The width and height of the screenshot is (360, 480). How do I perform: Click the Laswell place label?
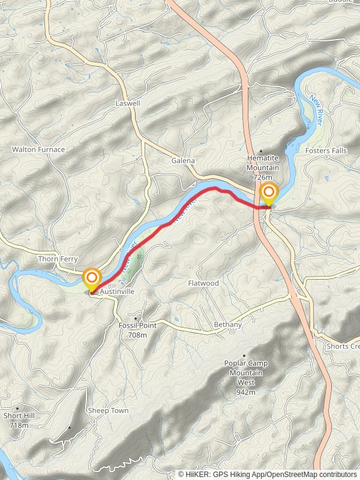coord(128,103)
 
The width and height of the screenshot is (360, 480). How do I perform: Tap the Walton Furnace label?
coord(38,149)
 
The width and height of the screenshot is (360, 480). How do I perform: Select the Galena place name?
coord(184,161)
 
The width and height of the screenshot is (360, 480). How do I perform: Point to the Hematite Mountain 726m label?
coord(263,167)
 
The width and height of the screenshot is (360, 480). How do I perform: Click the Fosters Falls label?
coord(326,151)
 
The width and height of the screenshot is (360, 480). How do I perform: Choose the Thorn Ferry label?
coord(58,259)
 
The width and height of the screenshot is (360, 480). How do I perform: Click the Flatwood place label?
coord(203,283)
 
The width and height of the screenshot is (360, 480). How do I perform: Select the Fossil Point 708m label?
coord(137,329)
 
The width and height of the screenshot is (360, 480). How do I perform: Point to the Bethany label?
coord(227,325)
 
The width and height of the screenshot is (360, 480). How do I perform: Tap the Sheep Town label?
coord(108,410)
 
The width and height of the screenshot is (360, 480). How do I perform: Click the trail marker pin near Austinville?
coord(92,278)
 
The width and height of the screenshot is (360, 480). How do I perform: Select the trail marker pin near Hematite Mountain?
coord(269,193)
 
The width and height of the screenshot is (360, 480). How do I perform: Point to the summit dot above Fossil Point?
coord(137,318)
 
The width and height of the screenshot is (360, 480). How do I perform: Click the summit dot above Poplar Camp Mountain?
coord(245,356)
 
